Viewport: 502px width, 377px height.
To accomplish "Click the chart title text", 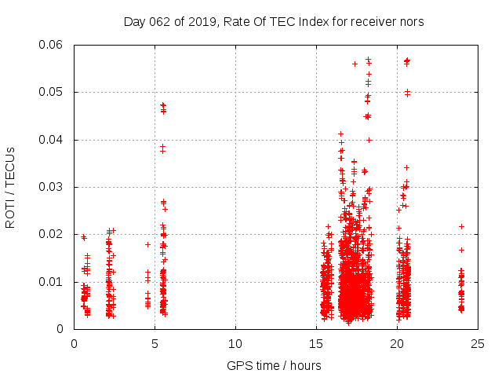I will [274, 22].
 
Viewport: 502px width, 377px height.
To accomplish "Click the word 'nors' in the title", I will [411, 22].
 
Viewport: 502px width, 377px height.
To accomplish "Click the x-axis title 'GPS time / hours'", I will [274, 365].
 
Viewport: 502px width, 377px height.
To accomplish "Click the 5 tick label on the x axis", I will [155, 343].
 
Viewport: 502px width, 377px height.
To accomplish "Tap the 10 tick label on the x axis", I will [235, 343].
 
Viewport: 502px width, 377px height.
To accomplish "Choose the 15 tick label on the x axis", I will [316, 343].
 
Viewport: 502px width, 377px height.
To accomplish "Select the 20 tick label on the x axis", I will [397, 343].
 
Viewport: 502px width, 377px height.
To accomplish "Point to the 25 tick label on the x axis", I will [478, 343].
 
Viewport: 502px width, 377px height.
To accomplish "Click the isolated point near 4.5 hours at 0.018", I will [147, 244].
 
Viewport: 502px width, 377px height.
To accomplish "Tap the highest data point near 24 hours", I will [461, 226].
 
